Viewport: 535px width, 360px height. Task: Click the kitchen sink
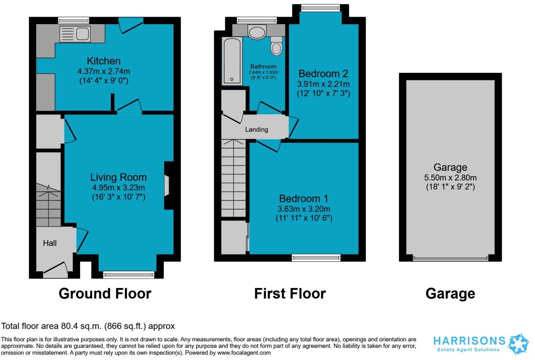pos(75,34)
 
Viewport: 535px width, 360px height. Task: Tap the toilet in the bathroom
pos(276,46)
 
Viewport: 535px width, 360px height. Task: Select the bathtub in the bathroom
pos(232,61)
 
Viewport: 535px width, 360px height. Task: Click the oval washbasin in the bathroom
pos(257,33)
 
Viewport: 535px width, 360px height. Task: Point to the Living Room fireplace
pos(169,185)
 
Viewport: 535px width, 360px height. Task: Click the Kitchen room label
pos(103,61)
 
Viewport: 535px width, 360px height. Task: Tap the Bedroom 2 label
pos(323,74)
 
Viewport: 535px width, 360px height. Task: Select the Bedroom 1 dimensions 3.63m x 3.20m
pos(304,209)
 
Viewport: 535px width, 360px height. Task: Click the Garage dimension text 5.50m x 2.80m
pos(450,177)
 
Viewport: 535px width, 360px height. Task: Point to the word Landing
pos(256,130)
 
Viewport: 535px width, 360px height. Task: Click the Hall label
pos(50,243)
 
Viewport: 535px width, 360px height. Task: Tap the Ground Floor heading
pos(105,293)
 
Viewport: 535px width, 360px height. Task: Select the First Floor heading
pos(290,293)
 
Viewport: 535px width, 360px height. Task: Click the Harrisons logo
pos(481,344)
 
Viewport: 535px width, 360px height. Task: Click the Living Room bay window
pos(129,275)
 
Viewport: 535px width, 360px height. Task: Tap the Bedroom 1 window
pos(316,258)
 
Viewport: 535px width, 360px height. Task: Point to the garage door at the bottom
pos(451,258)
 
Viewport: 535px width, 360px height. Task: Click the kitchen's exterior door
pos(131,25)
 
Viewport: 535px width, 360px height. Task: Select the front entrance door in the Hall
pos(56,270)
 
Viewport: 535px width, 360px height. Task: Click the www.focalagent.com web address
pos(244,353)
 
